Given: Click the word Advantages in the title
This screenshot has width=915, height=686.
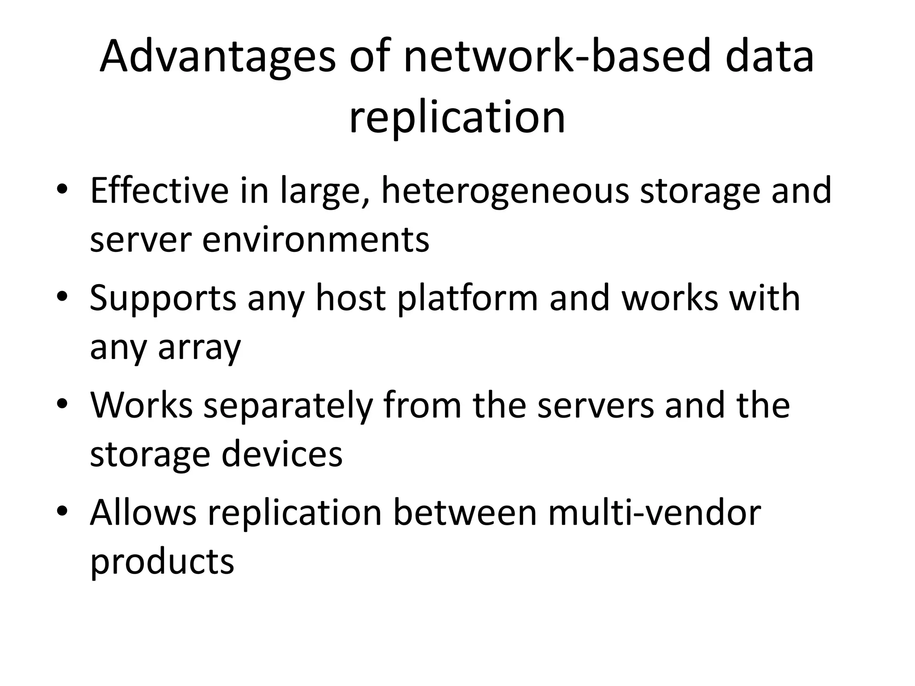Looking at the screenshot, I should click(218, 57).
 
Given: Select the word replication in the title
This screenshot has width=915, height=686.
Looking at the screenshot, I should click(457, 117).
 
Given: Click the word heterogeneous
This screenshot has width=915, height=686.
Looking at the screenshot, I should click(504, 191).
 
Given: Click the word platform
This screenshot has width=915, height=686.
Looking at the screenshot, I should click(467, 298).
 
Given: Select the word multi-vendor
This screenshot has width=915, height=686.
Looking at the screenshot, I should click(655, 512).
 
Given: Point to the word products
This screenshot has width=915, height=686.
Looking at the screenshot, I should click(162, 562).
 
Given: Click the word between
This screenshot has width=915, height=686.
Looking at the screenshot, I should click(465, 512).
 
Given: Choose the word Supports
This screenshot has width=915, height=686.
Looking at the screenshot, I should click(163, 298).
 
